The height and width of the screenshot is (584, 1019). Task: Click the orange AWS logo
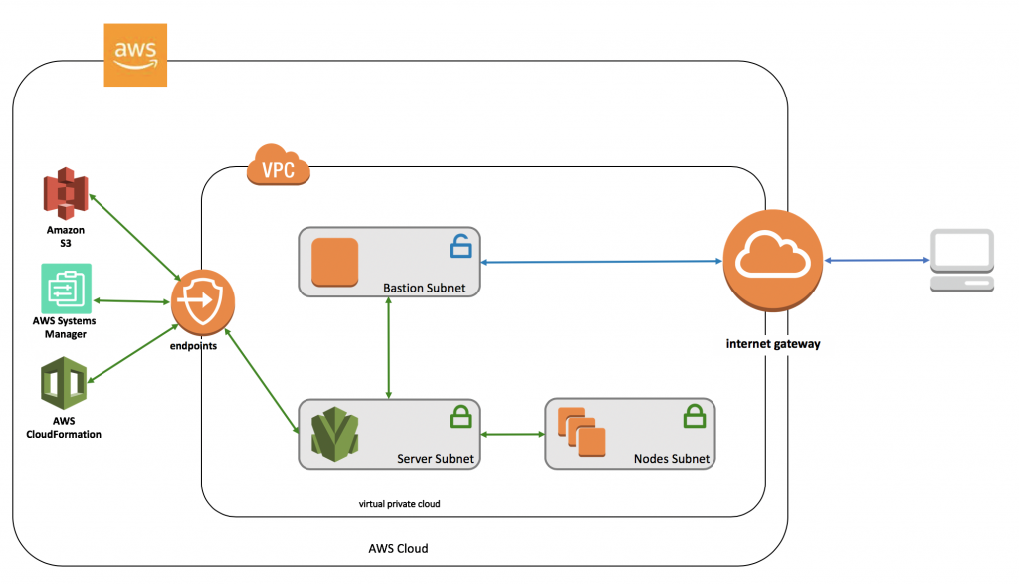135,55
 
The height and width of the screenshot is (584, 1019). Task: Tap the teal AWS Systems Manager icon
66,289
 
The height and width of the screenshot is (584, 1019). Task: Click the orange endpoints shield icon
202,302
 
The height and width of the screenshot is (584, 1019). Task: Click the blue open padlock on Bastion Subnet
460,246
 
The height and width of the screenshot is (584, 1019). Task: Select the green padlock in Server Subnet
460,417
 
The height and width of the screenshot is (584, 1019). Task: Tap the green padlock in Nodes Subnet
694,417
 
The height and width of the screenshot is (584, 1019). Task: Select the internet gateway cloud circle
772,261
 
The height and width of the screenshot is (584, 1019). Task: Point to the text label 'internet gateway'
772,344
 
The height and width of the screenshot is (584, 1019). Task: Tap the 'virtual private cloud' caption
399,504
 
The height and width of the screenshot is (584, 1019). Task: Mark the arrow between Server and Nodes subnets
512,434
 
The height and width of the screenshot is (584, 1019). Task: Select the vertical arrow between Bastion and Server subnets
389,347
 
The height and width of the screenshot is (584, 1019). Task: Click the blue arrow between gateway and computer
877,261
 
